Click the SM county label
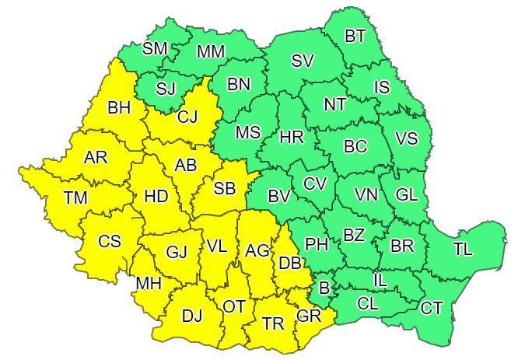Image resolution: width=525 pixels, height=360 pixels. pyautogui.click(x=155, y=49)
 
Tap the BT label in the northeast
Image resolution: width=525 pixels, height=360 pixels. pyautogui.click(x=355, y=36)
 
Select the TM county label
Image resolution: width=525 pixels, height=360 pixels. pyautogui.click(x=75, y=198)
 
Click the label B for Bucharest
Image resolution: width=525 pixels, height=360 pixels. pyautogui.click(x=324, y=288)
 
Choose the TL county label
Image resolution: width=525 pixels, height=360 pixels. pyautogui.click(x=463, y=250)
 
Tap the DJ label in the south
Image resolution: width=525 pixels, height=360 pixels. pyautogui.click(x=191, y=316)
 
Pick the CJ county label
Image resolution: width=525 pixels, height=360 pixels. pyautogui.click(x=187, y=117)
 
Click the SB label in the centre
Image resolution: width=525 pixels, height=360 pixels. pyautogui.click(x=225, y=188)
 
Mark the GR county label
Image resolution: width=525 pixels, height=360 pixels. pyautogui.click(x=308, y=316)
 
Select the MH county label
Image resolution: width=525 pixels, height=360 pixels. pyautogui.click(x=148, y=284)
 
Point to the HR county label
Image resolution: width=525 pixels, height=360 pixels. pyautogui.click(x=292, y=138)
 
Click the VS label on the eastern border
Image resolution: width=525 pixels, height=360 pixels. pyautogui.click(x=406, y=139)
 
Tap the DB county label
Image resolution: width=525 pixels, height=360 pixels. pyautogui.click(x=290, y=264)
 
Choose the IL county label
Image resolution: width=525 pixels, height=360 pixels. pyautogui.click(x=380, y=280)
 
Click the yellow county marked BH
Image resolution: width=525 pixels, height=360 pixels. pyautogui.click(x=119, y=108)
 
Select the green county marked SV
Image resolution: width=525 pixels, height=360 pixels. pyautogui.click(x=302, y=61)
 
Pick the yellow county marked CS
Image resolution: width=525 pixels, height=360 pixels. pyautogui.click(x=110, y=241)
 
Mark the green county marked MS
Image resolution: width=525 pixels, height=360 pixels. pyautogui.click(x=247, y=133)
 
